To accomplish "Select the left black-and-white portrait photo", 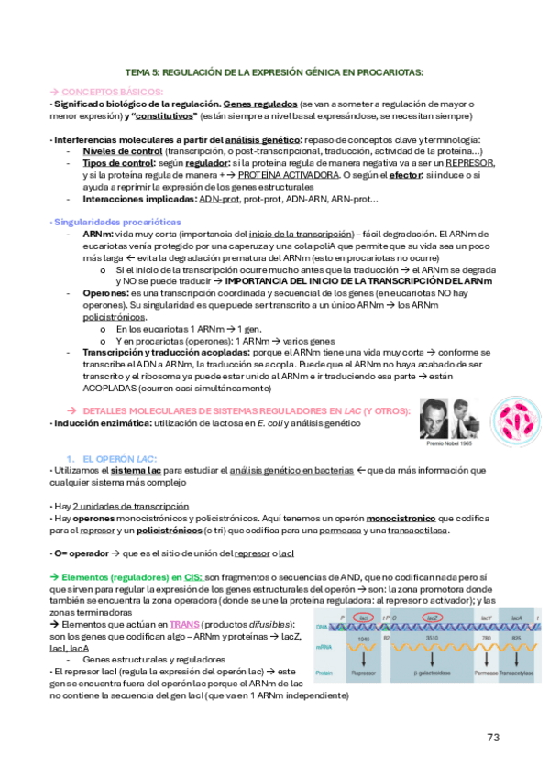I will (x=434, y=411).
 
